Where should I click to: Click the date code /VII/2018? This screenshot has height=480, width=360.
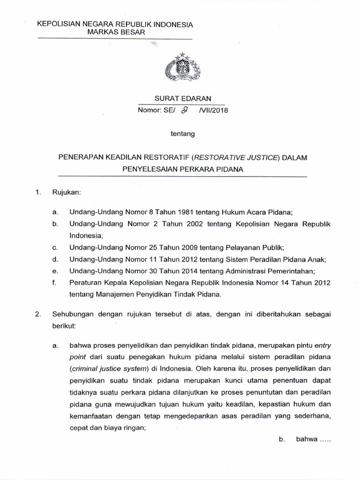(x=210, y=111)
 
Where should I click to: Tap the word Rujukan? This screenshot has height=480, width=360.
(x=69, y=192)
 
